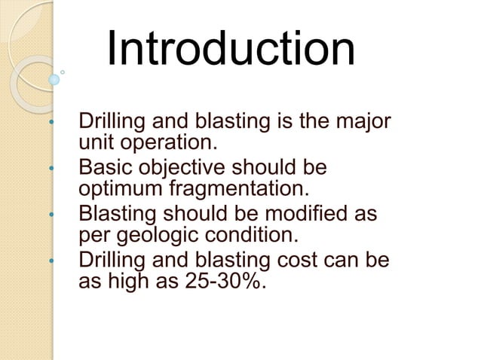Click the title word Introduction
(230, 49)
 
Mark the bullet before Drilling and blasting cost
(51, 262)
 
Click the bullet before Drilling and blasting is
(51, 122)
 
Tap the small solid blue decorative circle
(54, 78)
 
